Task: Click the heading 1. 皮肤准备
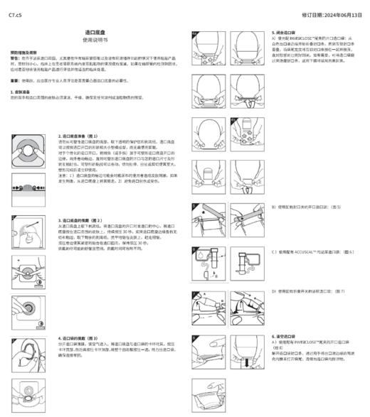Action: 23,92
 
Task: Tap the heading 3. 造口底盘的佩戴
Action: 78,221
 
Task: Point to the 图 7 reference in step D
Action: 339,291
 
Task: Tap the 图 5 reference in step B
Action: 337,207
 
